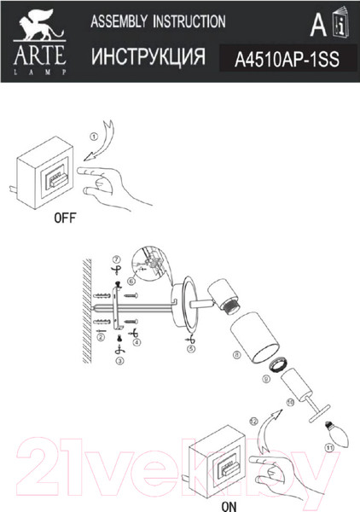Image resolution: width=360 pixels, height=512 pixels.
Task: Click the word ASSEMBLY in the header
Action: [119, 21]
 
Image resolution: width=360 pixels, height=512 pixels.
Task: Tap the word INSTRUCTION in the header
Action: [189, 21]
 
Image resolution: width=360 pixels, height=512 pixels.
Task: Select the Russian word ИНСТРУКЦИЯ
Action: [148, 56]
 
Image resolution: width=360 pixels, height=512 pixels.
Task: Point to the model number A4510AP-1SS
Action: [287, 60]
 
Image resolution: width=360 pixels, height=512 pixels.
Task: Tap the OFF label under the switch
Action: [65, 218]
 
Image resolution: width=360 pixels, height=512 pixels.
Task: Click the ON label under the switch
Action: [229, 506]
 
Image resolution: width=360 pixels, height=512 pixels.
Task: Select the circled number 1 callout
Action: [94, 137]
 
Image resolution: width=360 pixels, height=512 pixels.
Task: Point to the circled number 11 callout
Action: [329, 447]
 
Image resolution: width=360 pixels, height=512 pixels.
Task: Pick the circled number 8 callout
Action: [237, 355]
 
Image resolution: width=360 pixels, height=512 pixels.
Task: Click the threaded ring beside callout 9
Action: [278, 364]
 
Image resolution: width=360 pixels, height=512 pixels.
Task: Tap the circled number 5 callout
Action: [192, 349]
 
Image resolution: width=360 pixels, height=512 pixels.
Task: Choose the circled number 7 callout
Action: [117, 260]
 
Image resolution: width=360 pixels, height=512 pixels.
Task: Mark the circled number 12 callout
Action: [253, 422]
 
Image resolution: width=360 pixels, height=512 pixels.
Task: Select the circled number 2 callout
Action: [101, 336]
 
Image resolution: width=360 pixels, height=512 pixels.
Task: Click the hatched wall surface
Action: [87, 311]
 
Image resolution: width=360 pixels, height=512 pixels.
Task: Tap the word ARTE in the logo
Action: [40, 55]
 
